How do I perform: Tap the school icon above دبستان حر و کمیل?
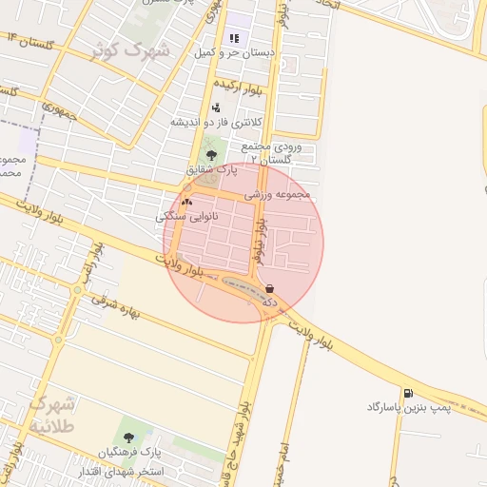click(234, 39)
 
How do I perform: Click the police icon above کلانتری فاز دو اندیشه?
click(216, 107)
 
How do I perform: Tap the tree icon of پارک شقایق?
click(211, 155)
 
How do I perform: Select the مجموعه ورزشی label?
click(278, 194)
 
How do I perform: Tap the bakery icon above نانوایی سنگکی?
click(186, 202)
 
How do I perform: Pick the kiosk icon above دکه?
click(270, 288)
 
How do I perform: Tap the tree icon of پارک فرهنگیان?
click(129, 435)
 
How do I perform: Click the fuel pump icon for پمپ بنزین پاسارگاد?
click(408, 393)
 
